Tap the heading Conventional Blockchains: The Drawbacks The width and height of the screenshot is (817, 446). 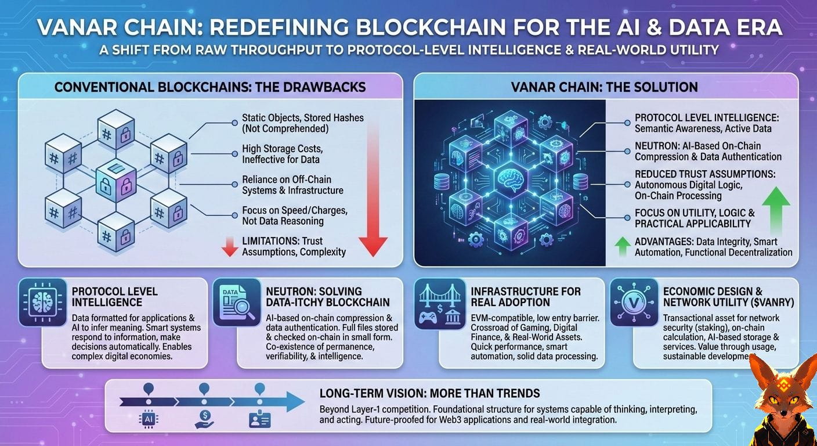[209, 87]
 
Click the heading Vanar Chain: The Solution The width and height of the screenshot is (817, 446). [604, 87]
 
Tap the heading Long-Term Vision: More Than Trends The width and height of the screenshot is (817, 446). [429, 393]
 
